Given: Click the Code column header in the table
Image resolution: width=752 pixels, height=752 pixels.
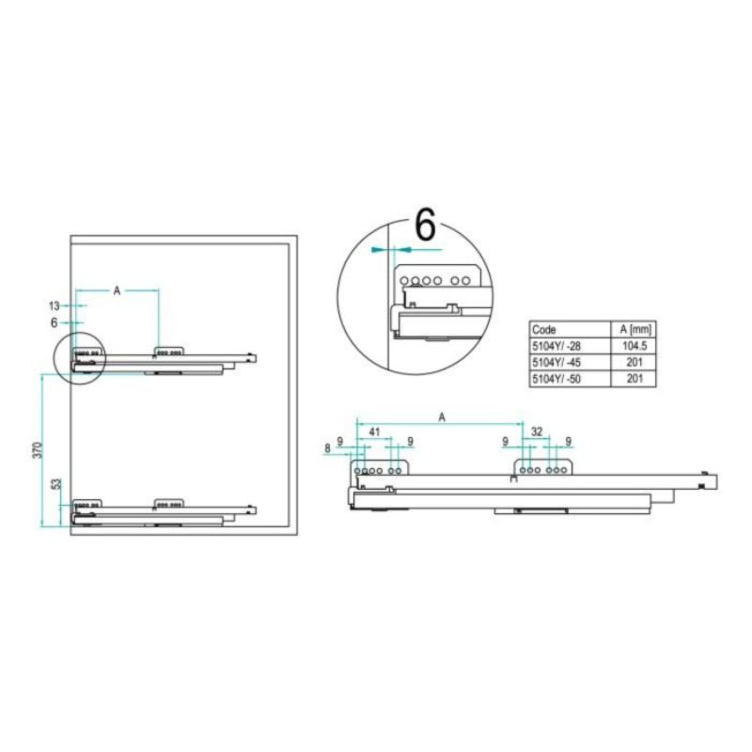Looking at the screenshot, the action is tap(544, 330).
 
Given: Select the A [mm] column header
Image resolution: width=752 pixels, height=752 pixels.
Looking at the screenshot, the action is tap(635, 329).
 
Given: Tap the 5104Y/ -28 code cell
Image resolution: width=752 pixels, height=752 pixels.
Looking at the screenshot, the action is tap(556, 346).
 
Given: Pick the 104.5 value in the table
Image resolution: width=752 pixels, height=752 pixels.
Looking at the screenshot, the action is tap(634, 346).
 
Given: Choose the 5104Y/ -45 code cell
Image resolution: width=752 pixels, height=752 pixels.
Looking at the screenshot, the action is tap(556, 362).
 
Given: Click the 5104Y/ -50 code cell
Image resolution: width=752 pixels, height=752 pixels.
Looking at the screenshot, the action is tap(556, 379).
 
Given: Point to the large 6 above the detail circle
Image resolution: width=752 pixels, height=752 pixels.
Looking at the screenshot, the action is tap(425, 226).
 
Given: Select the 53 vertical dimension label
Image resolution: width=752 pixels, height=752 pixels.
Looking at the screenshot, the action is tap(56, 484).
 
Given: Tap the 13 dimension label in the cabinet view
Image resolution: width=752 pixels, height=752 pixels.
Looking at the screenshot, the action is tap(55, 305).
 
